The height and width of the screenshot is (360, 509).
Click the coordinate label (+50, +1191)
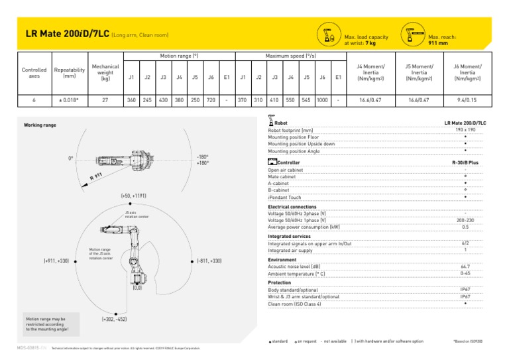tap(133, 196)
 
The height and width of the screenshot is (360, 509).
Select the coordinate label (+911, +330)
tap(56, 261)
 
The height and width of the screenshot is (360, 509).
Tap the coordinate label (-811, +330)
tap(209, 261)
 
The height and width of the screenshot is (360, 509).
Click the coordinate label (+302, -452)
tap(115, 320)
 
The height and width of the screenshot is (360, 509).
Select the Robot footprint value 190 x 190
tap(468, 131)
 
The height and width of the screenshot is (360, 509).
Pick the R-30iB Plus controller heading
tap(465, 162)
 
